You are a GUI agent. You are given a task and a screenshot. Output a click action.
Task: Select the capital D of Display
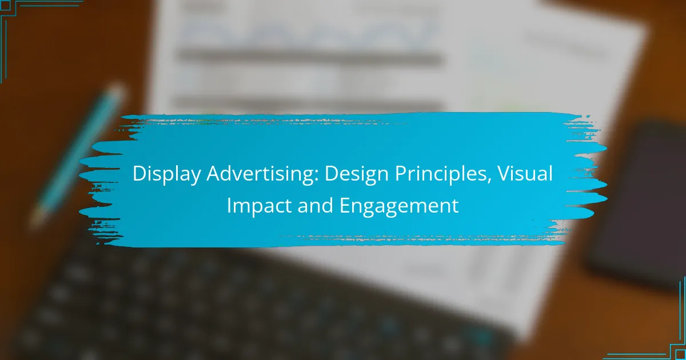point(138,175)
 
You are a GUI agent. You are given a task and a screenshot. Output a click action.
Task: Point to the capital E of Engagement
point(345,206)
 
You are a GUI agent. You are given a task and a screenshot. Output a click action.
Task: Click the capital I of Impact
point(229,206)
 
